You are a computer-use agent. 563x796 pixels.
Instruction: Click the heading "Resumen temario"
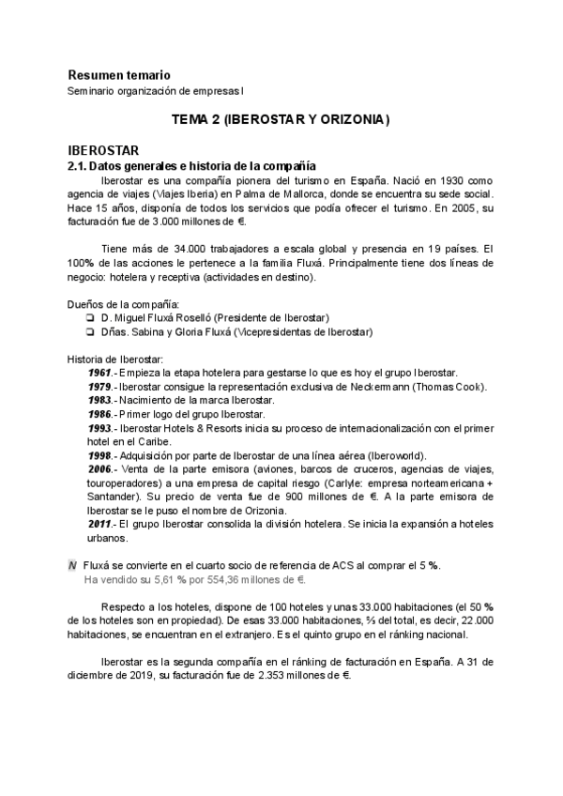(119, 74)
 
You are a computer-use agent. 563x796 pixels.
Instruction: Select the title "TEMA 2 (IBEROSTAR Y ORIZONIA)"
(281, 121)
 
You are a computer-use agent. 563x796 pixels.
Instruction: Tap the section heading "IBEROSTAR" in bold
(103, 150)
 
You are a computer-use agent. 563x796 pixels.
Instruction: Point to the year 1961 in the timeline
(99, 374)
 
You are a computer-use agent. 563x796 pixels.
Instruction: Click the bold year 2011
(99, 525)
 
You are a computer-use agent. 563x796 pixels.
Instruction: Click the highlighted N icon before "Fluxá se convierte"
(73, 566)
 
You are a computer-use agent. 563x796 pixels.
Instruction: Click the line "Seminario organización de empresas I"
(155, 91)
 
